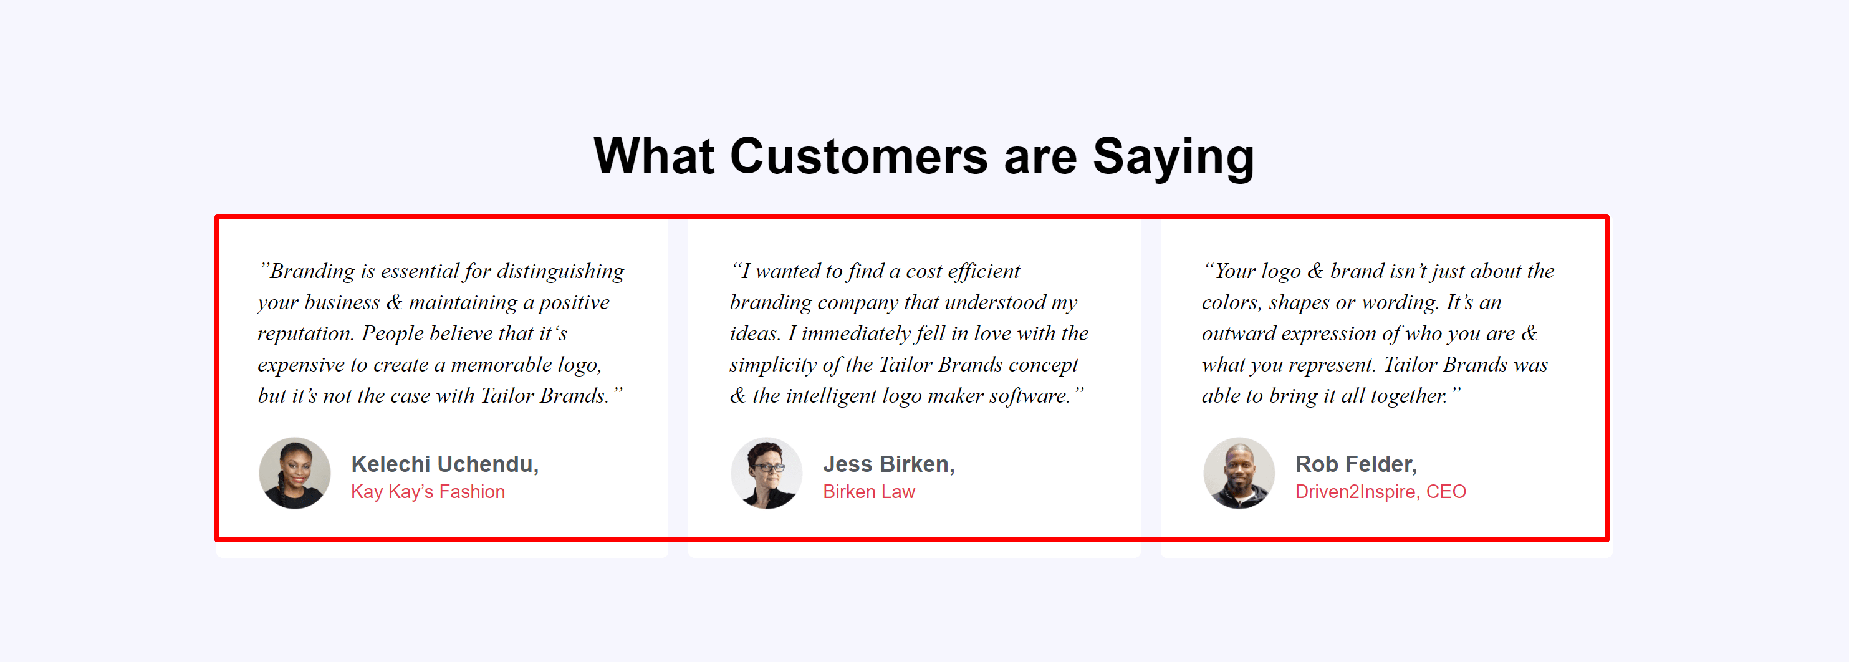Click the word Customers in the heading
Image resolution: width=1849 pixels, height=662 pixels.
(x=858, y=156)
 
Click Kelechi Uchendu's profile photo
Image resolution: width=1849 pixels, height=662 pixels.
(x=294, y=473)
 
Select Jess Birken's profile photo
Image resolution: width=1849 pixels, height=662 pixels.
(x=767, y=473)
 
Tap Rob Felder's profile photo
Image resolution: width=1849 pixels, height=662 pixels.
(x=1239, y=473)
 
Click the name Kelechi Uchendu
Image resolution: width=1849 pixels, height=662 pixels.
(x=444, y=464)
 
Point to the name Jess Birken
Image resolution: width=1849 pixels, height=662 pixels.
(x=888, y=464)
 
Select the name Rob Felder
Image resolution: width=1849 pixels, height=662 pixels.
(x=1356, y=464)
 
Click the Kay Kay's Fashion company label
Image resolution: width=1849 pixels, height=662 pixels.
(x=428, y=492)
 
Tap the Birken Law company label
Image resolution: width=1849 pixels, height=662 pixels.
(x=868, y=492)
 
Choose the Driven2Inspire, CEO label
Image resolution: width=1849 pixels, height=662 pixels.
(x=1380, y=492)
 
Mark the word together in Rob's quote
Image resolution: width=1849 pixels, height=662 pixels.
(x=1408, y=396)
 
